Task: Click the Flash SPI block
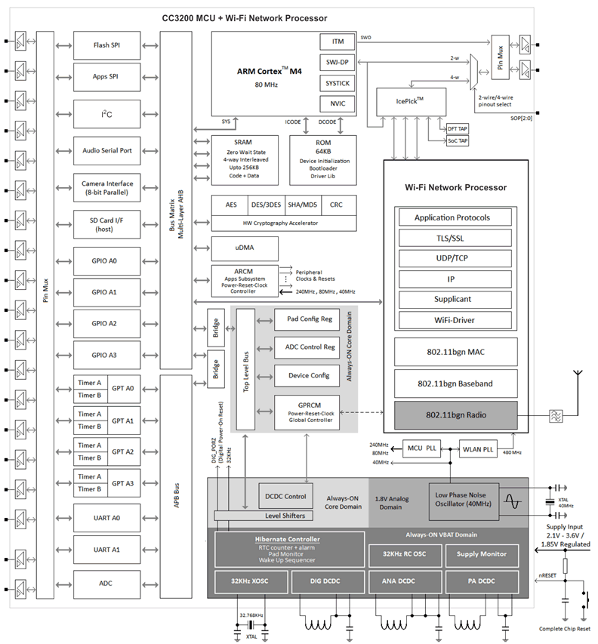106,45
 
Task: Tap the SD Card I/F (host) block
106,224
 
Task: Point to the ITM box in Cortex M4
338,42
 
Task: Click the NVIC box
338,103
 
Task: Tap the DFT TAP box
458,129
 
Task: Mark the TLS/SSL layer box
452,238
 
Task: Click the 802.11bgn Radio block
455,414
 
